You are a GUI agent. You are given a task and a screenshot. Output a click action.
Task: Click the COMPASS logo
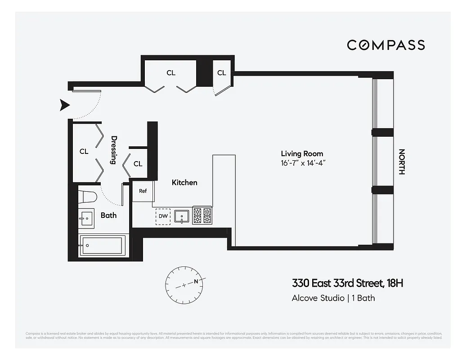click(x=385, y=45)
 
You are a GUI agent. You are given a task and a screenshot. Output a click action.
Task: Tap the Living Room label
click(x=302, y=153)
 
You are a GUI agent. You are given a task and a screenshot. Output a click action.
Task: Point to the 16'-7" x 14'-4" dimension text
click(x=302, y=162)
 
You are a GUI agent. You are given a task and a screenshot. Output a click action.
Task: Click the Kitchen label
click(x=184, y=182)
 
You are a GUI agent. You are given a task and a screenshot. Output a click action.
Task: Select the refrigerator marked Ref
click(x=143, y=191)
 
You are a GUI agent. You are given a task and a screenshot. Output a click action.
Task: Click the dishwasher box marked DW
click(x=163, y=216)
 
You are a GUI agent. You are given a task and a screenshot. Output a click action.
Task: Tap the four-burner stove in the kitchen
click(x=202, y=216)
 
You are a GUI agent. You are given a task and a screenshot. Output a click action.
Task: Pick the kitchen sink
click(x=182, y=216)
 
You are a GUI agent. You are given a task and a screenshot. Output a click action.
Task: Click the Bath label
click(x=108, y=215)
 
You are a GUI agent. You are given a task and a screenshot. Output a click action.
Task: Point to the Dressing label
click(x=114, y=150)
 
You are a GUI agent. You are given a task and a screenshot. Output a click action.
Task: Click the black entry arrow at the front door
click(x=65, y=105)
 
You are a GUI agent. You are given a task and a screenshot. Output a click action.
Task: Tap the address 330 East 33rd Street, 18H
click(x=347, y=283)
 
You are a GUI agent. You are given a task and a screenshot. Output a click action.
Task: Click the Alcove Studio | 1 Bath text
click(x=333, y=298)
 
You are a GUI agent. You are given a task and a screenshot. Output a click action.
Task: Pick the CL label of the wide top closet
click(x=171, y=72)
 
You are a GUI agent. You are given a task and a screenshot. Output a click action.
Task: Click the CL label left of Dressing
click(x=84, y=151)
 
